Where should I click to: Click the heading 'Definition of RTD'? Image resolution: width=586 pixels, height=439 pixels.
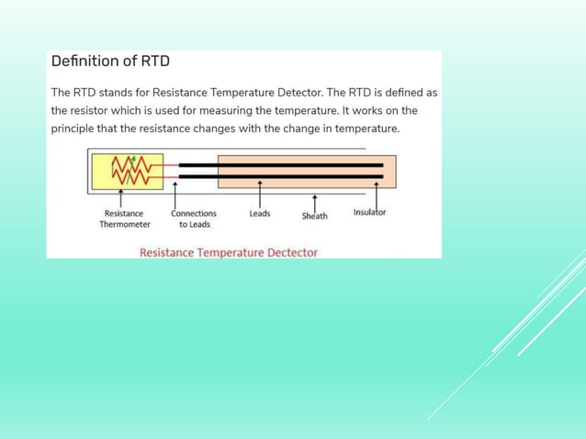[x=110, y=62]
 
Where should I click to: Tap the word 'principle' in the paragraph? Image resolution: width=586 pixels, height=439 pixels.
[x=75, y=128]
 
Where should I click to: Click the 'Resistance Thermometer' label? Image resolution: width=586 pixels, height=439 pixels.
[x=124, y=219]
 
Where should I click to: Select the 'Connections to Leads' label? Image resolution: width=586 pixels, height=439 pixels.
[x=194, y=219]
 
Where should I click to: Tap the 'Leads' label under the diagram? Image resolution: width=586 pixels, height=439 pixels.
[x=260, y=213]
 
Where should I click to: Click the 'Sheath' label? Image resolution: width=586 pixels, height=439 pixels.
[x=314, y=216]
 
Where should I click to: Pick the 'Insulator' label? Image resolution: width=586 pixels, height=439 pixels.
[x=369, y=212]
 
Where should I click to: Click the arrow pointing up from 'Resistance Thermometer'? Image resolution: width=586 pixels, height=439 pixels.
[x=122, y=198]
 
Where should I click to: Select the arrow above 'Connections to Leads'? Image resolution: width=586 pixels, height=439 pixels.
[x=175, y=194]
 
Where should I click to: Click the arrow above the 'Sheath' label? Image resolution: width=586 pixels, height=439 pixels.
[x=315, y=201]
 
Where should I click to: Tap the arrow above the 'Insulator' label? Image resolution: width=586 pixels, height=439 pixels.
[x=377, y=193]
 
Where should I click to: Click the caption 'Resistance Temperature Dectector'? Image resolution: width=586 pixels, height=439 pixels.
[x=229, y=253]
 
